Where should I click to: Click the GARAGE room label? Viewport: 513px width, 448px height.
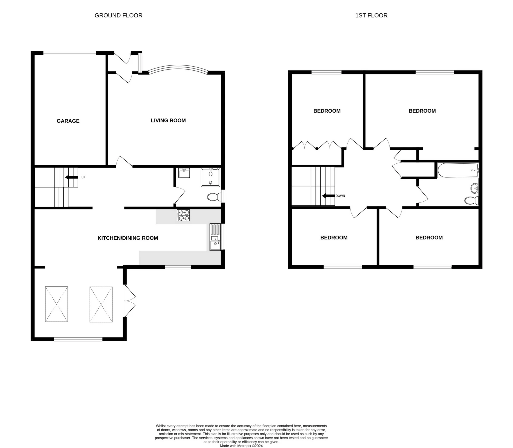pos(68,121)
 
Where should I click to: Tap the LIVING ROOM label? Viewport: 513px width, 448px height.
pos(168,120)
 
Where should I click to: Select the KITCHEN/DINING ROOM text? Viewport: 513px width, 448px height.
pos(128,238)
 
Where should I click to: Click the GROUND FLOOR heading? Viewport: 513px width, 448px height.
pos(118,16)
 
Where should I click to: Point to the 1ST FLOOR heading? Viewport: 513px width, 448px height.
pos(371,16)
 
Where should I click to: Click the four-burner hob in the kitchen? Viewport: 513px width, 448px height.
pos(183,215)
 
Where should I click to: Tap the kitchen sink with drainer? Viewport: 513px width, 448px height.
pos(215,237)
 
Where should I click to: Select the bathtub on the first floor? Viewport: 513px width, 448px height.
pos(458,170)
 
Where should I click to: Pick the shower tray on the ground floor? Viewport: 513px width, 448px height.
pos(211,177)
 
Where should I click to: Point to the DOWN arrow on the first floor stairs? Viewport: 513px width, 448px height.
pos(328,196)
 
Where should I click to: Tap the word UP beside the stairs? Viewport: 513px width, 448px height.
pos(83,177)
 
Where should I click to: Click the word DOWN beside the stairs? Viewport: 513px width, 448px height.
pos(340,196)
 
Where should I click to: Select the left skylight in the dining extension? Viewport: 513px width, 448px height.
pos(56,304)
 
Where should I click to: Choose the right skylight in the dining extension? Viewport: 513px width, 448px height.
pos(101,304)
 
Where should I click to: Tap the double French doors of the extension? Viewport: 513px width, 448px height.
pos(130,301)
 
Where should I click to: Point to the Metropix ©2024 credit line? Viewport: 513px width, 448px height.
pos(241,446)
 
